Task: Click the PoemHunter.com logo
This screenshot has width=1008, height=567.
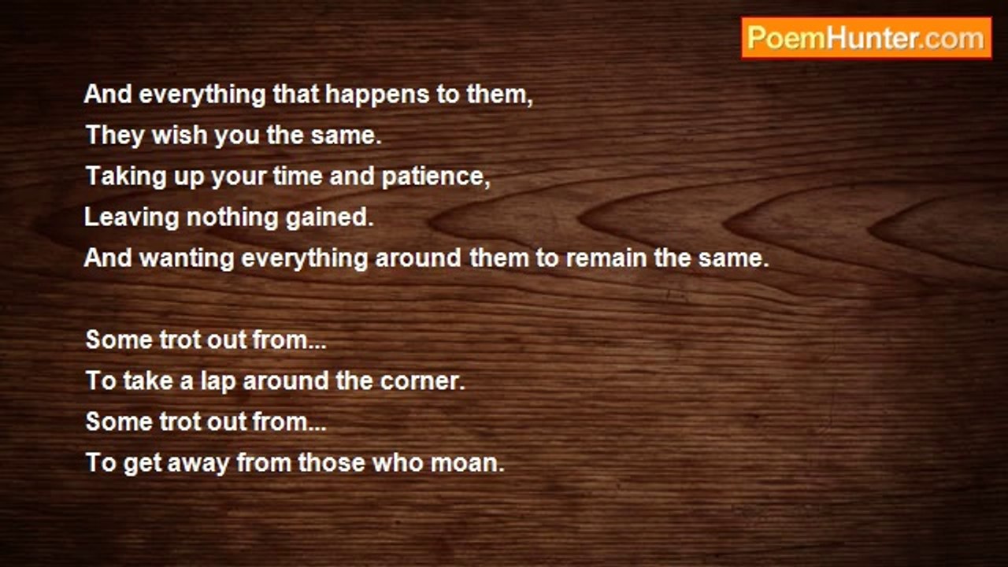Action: click(x=866, y=39)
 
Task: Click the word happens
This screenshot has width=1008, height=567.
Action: click(x=377, y=95)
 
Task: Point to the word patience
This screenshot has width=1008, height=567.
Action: click(x=435, y=176)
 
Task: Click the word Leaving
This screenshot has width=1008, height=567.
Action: click(x=132, y=218)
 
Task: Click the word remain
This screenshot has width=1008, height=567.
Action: click(x=606, y=258)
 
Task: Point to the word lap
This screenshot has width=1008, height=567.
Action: click(x=218, y=382)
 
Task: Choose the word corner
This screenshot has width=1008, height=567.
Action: click(x=422, y=382)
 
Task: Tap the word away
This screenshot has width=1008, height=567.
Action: click(x=198, y=465)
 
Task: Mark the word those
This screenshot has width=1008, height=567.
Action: click(x=332, y=463)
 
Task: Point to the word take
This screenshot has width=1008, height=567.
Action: click(x=149, y=380)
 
